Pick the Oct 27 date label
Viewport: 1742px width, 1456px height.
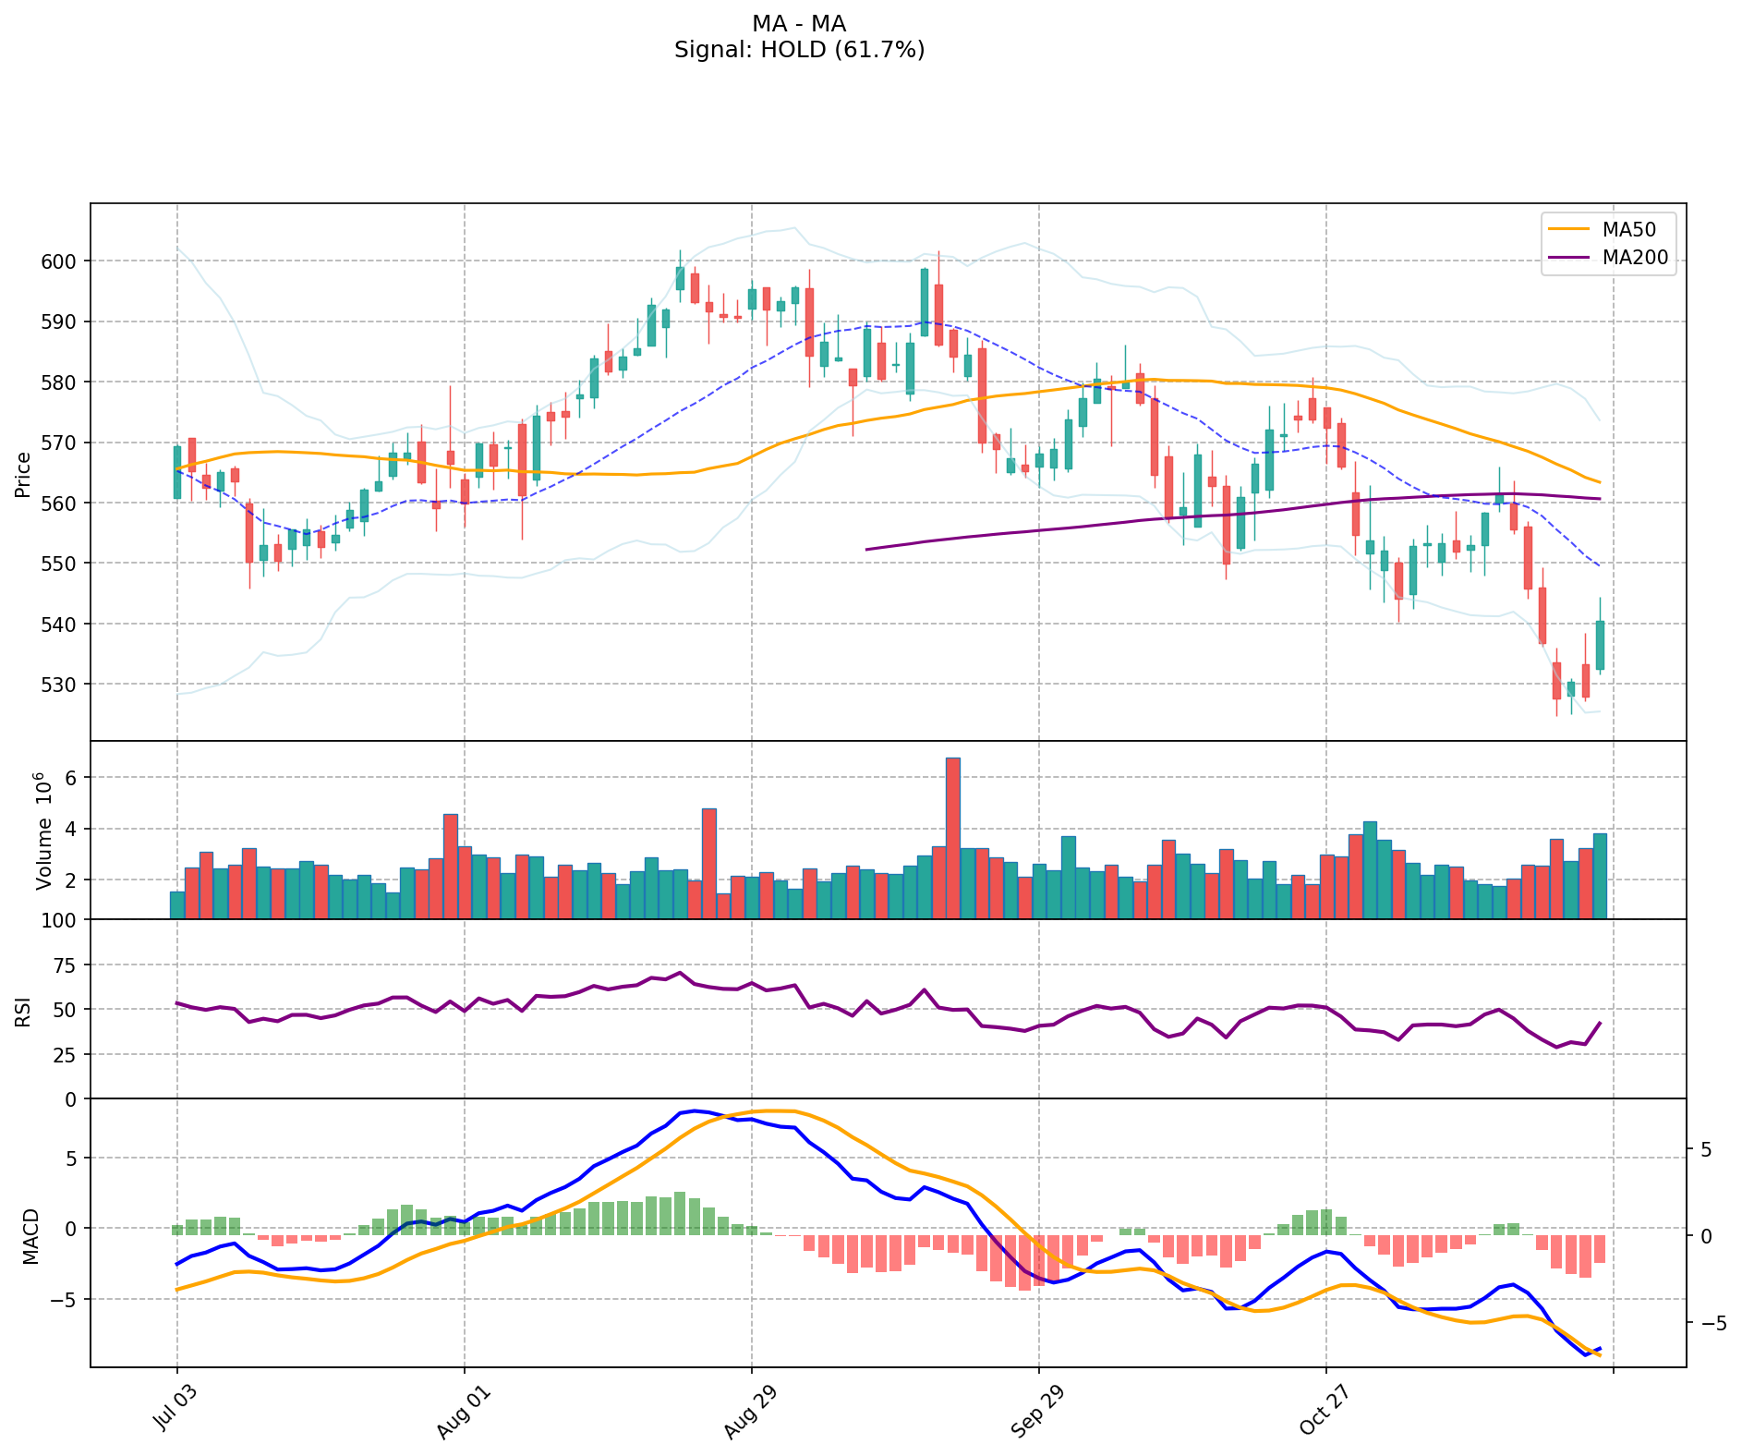coord(1320,1406)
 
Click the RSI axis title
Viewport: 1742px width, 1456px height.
coord(22,1010)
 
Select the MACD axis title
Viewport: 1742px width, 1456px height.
coord(31,1236)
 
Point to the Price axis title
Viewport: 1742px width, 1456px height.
coord(22,475)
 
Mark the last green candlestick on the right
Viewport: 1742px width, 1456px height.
coord(1600,645)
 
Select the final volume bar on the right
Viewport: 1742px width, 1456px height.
coord(1600,875)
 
